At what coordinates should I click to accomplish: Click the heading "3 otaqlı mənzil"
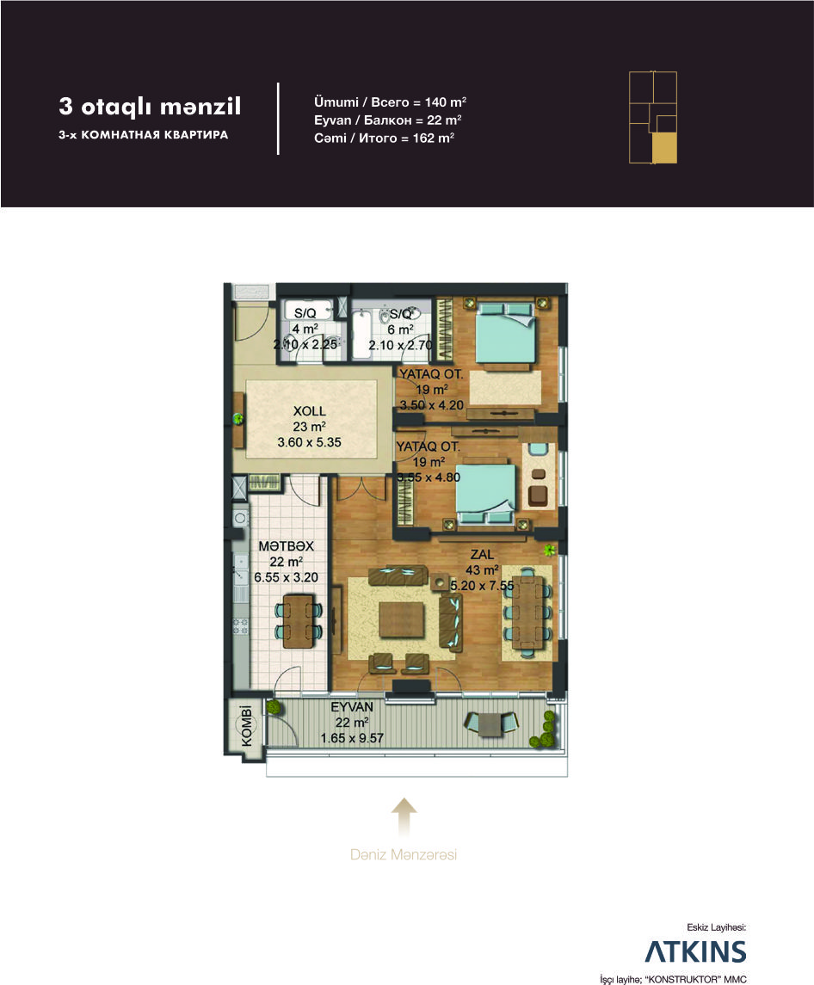(x=150, y=106)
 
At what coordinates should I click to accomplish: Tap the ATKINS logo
(x=695, y=951)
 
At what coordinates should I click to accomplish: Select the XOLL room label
(x=309, y=411)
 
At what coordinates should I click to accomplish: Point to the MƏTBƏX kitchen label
(x=286, y=546)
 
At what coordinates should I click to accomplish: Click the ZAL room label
(x=482, y=555)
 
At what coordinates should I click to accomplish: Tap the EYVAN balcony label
(x=352, y=707)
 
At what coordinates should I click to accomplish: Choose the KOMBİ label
(x=247, y=725)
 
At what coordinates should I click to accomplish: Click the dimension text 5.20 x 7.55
(x=482, y=586)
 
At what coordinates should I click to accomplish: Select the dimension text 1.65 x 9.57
(x=352, y=738)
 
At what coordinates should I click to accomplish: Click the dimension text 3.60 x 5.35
(x=309, y=442)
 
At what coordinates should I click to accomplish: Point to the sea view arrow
(x=404, y=817)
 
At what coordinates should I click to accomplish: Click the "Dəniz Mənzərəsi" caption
(x=404, y=854)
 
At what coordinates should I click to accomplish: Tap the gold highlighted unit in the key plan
(x=664, y=148)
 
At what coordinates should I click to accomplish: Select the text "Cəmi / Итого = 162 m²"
(x=384, y=138)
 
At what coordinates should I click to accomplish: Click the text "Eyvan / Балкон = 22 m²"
(x=388, y=120)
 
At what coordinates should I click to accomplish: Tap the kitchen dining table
(x=298, y=621)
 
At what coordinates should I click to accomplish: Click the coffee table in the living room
(x=402, y=619)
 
